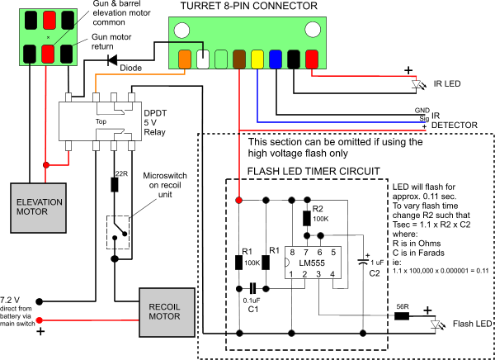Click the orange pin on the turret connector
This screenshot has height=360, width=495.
coord(184,59)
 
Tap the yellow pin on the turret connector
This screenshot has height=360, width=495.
coord(257,59)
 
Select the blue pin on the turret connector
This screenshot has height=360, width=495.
coord(276,59)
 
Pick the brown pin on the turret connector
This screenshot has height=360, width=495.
coord(239,59)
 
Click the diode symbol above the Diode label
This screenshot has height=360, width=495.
coord(112,59)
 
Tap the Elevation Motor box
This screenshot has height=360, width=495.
coord(39,207)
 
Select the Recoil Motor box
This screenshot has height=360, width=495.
coord(167,312)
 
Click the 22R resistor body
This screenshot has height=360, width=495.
coord(115,185)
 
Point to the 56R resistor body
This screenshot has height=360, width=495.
coord(402,315)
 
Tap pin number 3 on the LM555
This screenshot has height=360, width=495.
coord(318,274)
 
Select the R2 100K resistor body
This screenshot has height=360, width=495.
coord(306,219)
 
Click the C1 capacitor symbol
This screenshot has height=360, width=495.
coord(252,288)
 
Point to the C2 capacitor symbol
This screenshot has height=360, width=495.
coord(363,262)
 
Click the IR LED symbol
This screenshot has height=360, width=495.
coord(417,84)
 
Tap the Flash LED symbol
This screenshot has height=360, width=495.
coord(436,324)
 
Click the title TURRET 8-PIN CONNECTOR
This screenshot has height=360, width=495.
coord(249,6)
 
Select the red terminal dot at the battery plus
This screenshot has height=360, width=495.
coord(39,320)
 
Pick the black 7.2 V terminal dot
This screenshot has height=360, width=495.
coord(39,301)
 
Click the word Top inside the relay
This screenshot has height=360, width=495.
coord(101,121)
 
